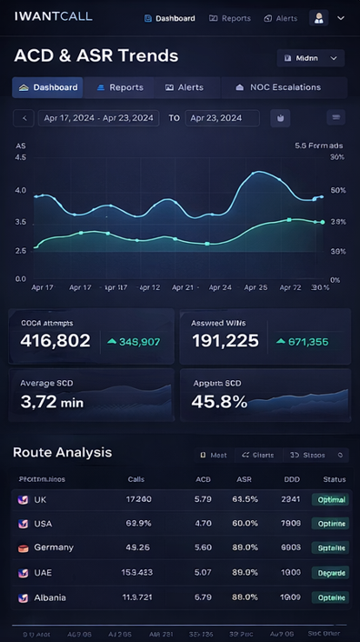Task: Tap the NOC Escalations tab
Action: pos(278,87)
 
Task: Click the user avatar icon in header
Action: pos(318,17)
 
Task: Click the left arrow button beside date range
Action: pos(25,118)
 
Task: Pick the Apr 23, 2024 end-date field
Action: pos(221,118)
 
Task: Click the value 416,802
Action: pos(55,341)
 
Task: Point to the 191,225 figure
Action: pos(225,341)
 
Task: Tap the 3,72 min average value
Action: pos(52,401)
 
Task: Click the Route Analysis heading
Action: pos(63,452)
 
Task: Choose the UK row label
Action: pos(40,500)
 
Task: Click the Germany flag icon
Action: pos(24,548)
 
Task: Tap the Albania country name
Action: pos(54,597)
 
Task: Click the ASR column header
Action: pos(245,479)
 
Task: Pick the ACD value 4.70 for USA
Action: pos(203,524)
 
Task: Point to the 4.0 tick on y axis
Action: pos(21,190)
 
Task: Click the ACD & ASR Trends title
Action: pos(96,55)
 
